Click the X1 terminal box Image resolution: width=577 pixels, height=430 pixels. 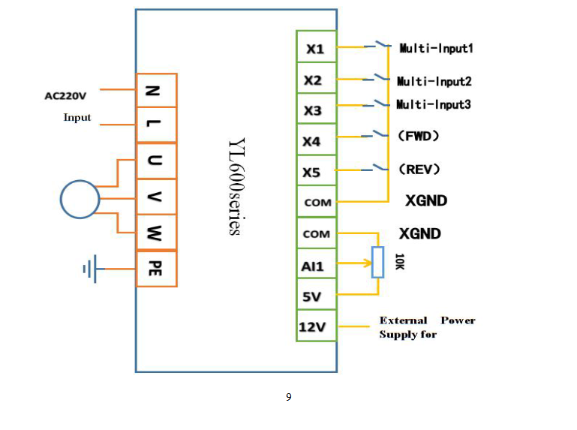[x=316, y=50]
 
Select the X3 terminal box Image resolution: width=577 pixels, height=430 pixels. [x=316, y=111]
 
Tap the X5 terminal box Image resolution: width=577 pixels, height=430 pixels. [x=316, y=173]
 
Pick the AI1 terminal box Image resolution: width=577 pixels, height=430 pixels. [x=316, y=264]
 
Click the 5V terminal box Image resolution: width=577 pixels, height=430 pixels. [x=316, y=296]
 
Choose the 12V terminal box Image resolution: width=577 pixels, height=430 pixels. [x=316, y=327]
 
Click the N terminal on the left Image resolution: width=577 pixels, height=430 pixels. [x=156, y=91]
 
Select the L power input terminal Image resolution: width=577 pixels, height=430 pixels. [x=156, y=125]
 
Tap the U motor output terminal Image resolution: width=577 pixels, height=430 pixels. [x=156, y=161]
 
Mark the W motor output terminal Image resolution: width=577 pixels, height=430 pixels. [x=156, y=232]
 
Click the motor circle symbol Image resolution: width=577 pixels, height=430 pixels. [x=80, y=199]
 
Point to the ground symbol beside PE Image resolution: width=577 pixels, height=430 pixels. [x=91, y=268]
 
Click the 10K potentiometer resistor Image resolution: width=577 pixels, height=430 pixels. [x=377, y=263]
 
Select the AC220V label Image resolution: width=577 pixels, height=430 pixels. [x=65, y=96]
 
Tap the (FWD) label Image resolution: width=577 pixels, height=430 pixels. [x=419, y=136]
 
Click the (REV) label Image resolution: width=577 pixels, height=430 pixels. [x=419, y=169]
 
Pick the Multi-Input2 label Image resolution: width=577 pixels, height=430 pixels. [x=434, y=81]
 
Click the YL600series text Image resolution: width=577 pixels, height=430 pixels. [x=234, y=187]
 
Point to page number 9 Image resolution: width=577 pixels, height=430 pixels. [x=288, y=397]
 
